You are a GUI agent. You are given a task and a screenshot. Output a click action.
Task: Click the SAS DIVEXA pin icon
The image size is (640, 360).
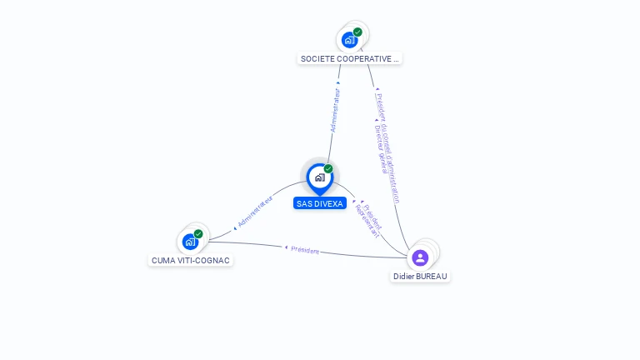319,177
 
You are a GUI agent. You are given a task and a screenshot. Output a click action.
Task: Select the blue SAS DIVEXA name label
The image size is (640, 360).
320,203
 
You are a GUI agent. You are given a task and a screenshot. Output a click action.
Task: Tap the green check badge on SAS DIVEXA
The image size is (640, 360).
328,168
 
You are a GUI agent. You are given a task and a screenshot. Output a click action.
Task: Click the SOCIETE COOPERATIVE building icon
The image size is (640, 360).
349,39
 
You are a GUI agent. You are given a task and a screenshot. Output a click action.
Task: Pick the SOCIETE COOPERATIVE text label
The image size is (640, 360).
350,59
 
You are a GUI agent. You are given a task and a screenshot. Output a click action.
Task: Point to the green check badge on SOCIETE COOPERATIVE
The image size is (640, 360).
357,32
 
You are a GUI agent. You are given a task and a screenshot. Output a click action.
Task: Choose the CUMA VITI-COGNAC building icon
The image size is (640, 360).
190,242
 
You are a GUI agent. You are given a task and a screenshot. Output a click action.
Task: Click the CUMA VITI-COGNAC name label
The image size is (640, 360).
191,260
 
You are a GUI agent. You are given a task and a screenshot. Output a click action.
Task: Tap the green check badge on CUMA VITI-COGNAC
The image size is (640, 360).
198,234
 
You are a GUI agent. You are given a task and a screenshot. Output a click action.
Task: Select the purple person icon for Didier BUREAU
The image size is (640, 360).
420,257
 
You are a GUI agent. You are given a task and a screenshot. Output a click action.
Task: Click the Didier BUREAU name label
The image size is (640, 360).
421,276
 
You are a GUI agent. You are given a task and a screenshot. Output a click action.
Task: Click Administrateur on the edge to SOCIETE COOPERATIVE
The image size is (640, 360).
336,110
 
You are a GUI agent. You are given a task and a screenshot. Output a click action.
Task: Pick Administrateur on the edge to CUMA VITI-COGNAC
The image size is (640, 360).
255,212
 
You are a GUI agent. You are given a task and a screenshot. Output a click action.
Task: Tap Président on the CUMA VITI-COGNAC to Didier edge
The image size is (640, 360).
305,249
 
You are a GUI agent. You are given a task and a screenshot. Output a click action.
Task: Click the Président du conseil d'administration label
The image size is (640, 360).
387,146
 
